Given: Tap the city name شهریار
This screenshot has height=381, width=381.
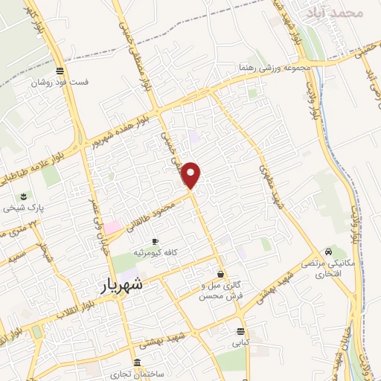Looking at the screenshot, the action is [x=123, y=285].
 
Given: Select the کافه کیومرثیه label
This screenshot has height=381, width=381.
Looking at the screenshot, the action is [x=156, y=254].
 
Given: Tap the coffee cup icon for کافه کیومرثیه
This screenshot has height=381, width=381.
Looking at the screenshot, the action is [x=155, y=242].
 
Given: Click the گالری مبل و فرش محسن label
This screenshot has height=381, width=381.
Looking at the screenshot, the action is [x=220, y=290].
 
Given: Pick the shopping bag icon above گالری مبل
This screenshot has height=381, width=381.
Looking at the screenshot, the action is [x=220, y=274].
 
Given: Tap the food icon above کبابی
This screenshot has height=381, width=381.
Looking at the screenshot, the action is [x=240, y=332].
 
